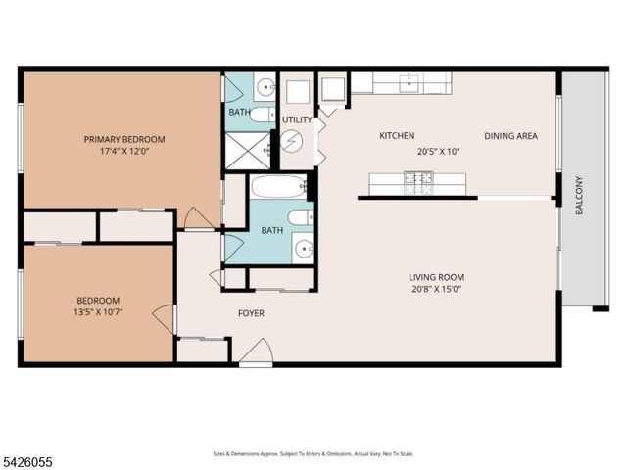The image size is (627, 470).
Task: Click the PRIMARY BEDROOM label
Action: pyautogui.click(x=123, y=139)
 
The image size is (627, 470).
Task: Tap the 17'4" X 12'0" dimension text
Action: pyautogui.click(x=123, y=153)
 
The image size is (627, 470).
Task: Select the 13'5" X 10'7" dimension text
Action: pyautogui.click(x=98, y=313)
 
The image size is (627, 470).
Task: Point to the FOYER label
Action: pyautogui.click(x=251, y=313)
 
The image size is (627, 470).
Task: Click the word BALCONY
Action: pyautogui.click(x=579, y=195)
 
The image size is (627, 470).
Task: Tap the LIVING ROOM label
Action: pyautogui.click(x=436, y=276)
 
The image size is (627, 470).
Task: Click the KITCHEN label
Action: pyautogui.click(x=397, y=136)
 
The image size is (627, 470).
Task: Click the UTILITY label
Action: pyautogui.click(x=297, y=120)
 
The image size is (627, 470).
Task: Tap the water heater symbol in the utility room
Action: pyautogui.click(x=292, y=140)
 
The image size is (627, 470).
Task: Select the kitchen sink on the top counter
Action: pyautogui.click(x=412, y=83)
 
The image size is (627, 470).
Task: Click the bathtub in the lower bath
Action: pyautogui.click(x=278, y=186)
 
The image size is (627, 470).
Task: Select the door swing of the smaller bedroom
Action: pyautogui.click(x=164, y=319)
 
